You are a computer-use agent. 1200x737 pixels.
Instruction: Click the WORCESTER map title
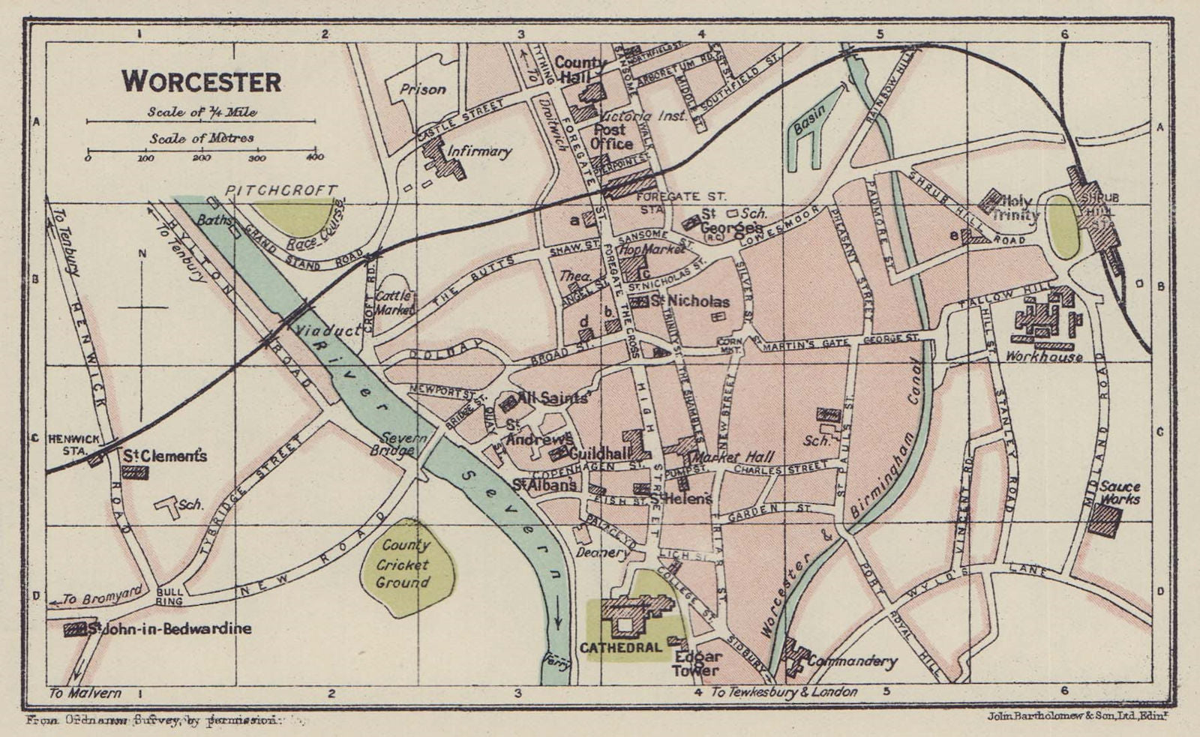[x=202, y=81]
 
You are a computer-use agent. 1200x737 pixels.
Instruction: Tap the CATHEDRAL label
[x=620, y=647]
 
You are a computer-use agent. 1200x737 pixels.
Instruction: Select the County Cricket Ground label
[x=403, y=564]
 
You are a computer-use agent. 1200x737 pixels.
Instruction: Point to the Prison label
[x=422, y=89]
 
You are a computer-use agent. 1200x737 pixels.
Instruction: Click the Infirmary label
[x=478, y=151]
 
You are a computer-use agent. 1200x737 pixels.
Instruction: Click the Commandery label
[x=852, y=661]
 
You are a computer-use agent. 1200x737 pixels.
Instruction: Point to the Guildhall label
[x=598, y=454]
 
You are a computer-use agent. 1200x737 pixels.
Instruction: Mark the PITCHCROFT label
[x=280, y=190]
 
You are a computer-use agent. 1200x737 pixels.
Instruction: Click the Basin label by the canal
[x=810, y=118]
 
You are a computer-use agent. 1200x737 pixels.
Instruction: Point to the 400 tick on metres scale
[x=314, y=157]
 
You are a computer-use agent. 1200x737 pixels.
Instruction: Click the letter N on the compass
[x=141, y=253]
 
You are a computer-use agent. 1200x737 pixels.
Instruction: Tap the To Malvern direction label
[x=84, y=693]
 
